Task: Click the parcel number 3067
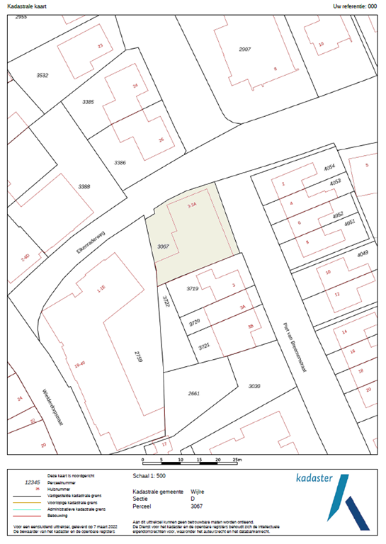pos(163,246)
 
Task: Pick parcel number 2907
pos(245,49)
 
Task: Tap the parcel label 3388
pos(84,186)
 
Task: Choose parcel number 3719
pos(191,289)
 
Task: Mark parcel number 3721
pos(205,345)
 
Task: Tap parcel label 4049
pos(363,253)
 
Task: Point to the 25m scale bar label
pos(237,460)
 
